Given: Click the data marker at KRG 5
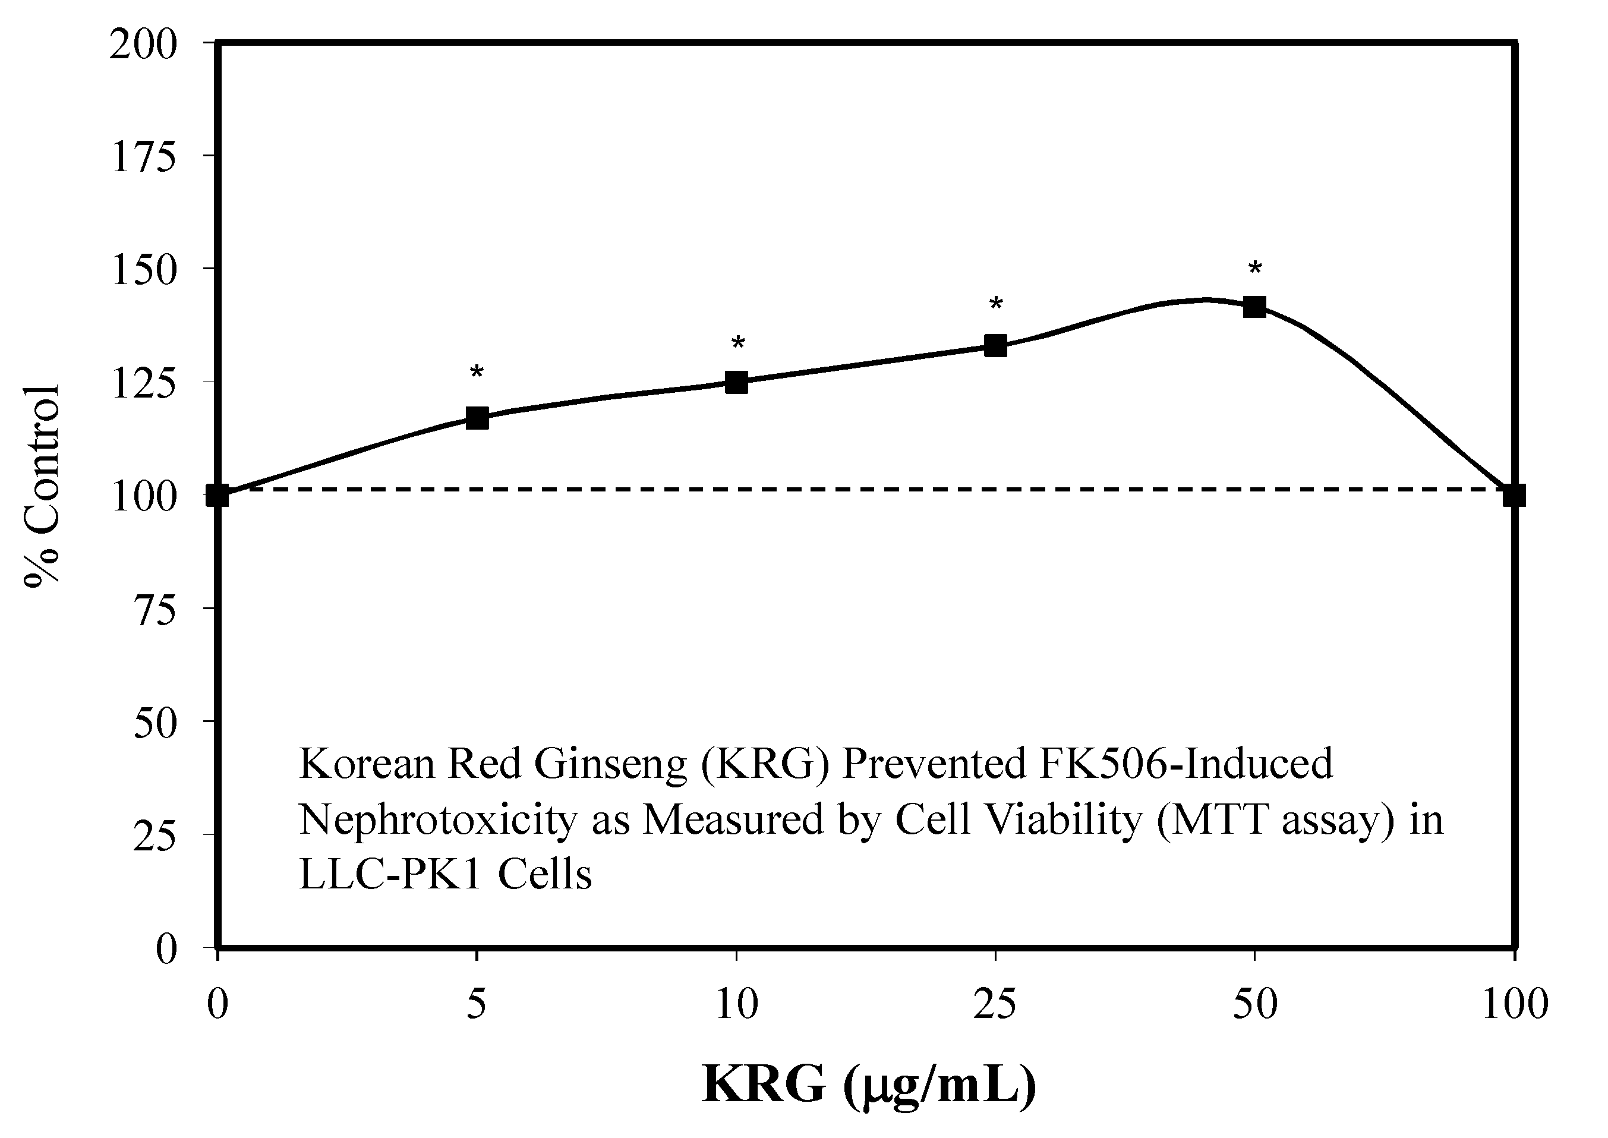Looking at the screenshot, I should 477,418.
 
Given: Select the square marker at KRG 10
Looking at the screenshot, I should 736,382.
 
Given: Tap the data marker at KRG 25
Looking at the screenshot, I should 995,345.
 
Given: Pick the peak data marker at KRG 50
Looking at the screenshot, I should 1254,306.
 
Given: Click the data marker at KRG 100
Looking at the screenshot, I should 1514,496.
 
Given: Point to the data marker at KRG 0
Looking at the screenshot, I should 218,496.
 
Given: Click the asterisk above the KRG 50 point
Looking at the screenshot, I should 1255,269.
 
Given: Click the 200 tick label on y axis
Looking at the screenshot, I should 144,46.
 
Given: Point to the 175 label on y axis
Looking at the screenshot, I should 144,158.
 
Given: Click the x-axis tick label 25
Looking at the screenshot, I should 995,1004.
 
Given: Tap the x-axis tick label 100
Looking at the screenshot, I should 1515,1004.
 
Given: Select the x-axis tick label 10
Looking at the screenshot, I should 736,1004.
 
